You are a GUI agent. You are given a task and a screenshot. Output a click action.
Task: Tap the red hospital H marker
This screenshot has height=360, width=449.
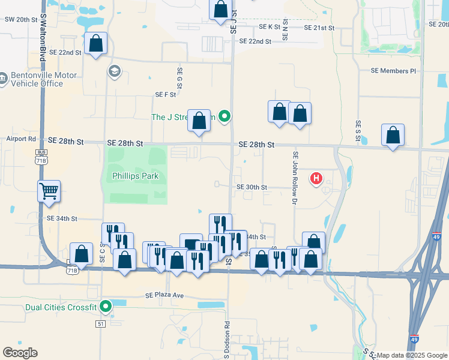pyautogui.click(x=316, y=178)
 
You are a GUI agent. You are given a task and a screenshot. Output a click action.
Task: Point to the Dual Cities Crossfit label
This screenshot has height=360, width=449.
pyautogui.click(x=53, y=308)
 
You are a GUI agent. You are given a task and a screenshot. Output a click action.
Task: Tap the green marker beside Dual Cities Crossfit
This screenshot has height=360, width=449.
pyautogui.click(x=106, y=307)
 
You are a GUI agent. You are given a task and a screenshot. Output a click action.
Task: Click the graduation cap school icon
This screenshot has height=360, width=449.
pyautogui.click(x=113, y=72)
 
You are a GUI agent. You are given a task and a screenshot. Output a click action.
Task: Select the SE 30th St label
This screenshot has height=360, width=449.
pyautogui.click(x=252, y=187)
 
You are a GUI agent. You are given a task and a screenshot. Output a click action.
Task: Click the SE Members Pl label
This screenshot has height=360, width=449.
pyautogui.click(x=393, y=71)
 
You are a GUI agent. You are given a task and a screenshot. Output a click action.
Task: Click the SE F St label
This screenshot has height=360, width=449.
pyautogui.click(x=165, y=94)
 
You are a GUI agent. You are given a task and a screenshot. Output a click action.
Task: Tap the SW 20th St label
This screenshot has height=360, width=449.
pyautogui.click(x=21, y=19)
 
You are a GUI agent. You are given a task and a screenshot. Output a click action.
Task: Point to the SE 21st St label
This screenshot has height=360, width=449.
pyautogui.click(x=319, y=28)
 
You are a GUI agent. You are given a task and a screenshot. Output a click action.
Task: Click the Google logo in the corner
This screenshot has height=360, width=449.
pyautogui.click(x=20, y=352)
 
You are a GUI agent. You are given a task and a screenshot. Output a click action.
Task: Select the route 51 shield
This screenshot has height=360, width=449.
pyautogui.click(x=100, y=324)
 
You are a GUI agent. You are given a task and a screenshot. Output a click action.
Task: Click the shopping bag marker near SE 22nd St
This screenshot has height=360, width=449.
pyautogui.click(x=95, y=43)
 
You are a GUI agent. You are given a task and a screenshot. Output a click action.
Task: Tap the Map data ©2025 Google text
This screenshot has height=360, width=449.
pyautogui.click(x=412, y=355)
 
